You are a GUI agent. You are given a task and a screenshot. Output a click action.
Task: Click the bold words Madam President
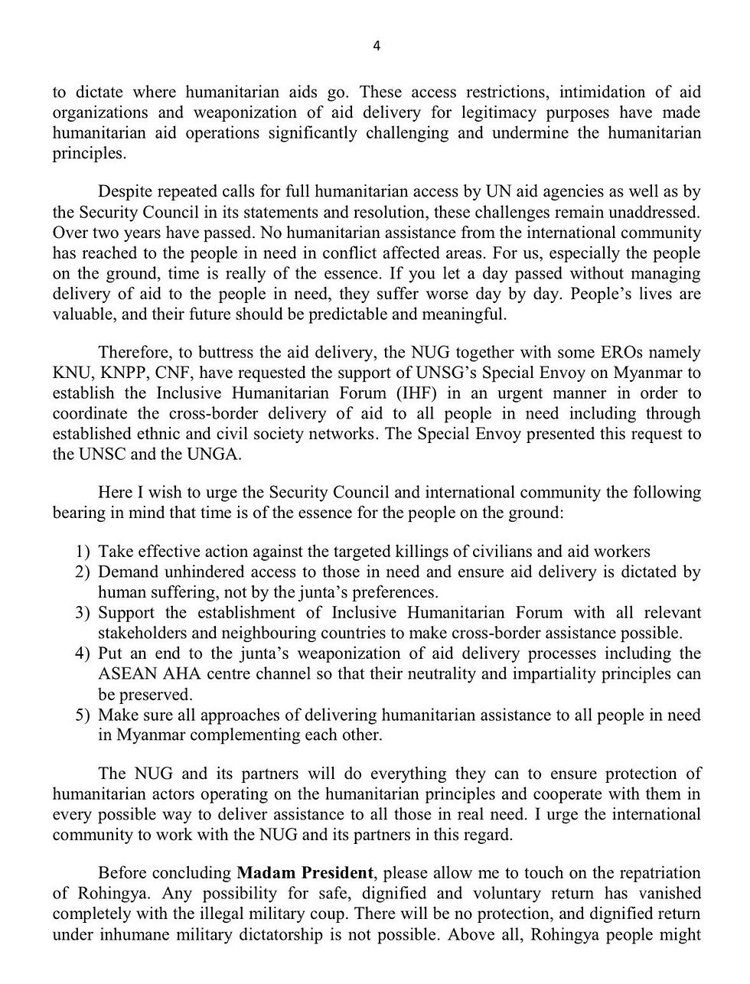tap(305, 873)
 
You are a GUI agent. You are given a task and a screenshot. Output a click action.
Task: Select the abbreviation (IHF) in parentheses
tap(436, 393)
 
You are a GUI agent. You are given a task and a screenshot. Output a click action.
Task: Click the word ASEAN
tap(126, 674)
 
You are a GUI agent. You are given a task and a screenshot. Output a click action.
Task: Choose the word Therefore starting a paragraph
tap(132, 353)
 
